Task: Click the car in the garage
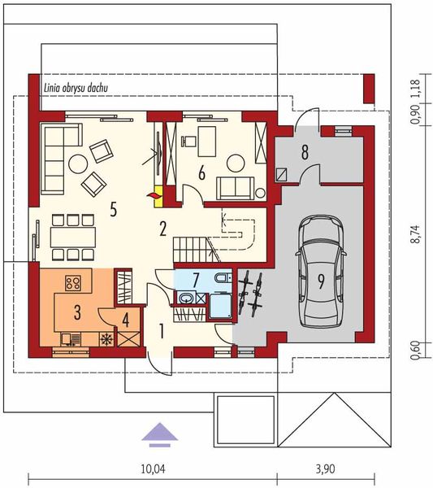click(x=322, y=272)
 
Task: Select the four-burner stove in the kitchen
click(x=73, y=283)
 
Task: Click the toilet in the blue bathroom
click(x=223, y=277)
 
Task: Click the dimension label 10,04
click(x=153, y=469)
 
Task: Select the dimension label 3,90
click(x=326, y=468)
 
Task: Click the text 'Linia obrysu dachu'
click(x=76, y=88)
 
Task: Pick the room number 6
click(x=201, y=173)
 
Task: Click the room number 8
click(x=305, y=153)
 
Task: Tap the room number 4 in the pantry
click(x=126, y=320)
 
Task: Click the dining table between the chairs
click(x=73, y=237)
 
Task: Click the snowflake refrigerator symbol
click(x=106, y=339)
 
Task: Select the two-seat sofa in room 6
click(x=236, y=188)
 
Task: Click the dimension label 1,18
click(x=416, y=88)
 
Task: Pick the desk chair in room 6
click(x=187, y=141)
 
